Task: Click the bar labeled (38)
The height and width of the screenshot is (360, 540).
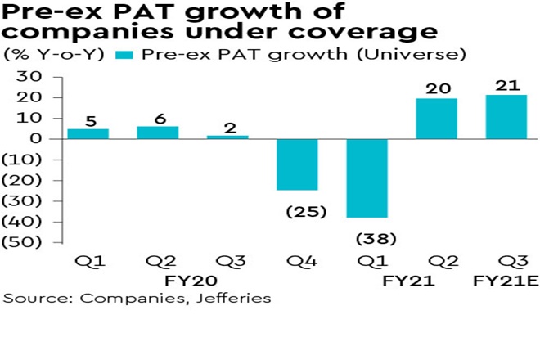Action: pos(367,178)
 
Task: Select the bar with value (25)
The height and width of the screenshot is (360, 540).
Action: pos(297,164)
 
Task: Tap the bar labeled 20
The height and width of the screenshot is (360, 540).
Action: pos(436,118)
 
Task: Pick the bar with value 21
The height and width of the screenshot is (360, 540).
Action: pos(506,116)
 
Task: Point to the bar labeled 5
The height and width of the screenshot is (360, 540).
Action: pos(88,133)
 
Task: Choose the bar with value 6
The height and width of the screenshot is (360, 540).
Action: pos(157,132)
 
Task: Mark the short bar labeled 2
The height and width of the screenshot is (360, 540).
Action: pos(227,137)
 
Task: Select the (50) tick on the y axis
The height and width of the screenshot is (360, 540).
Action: pos(29,242)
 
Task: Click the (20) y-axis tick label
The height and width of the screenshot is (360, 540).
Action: pos(29,180)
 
